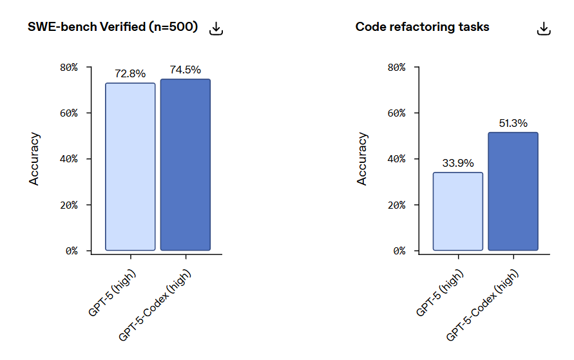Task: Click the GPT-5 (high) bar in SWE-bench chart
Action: click(x=130, y=166)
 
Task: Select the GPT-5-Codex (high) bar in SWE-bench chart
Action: click(x=185, y=164)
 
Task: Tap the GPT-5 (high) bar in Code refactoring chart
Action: click(x=458, y=211)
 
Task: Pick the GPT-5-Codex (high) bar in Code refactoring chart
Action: click(x=513, y=191)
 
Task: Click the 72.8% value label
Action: click(x=130, y=73)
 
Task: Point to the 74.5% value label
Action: click(x=186, y=70)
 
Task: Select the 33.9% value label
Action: click(x=458, y=163)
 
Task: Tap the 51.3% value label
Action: click(x=513, y=123)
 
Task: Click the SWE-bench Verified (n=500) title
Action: click(x=113, y=27)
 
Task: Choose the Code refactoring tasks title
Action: click(x=422, y=27)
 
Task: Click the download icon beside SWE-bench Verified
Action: click(x=216, y=28)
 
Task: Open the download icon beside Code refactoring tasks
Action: click(x=544, y=28)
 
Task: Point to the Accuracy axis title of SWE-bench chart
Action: click(x=35, y=159)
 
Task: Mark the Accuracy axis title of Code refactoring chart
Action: click(x=363, y=159)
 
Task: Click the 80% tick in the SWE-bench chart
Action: click(x=70, y=67)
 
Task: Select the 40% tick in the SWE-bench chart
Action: click(x=70, y=159)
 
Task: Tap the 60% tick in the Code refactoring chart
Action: click(x=397, y=113)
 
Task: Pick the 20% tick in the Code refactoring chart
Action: click(x=397, y=205)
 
